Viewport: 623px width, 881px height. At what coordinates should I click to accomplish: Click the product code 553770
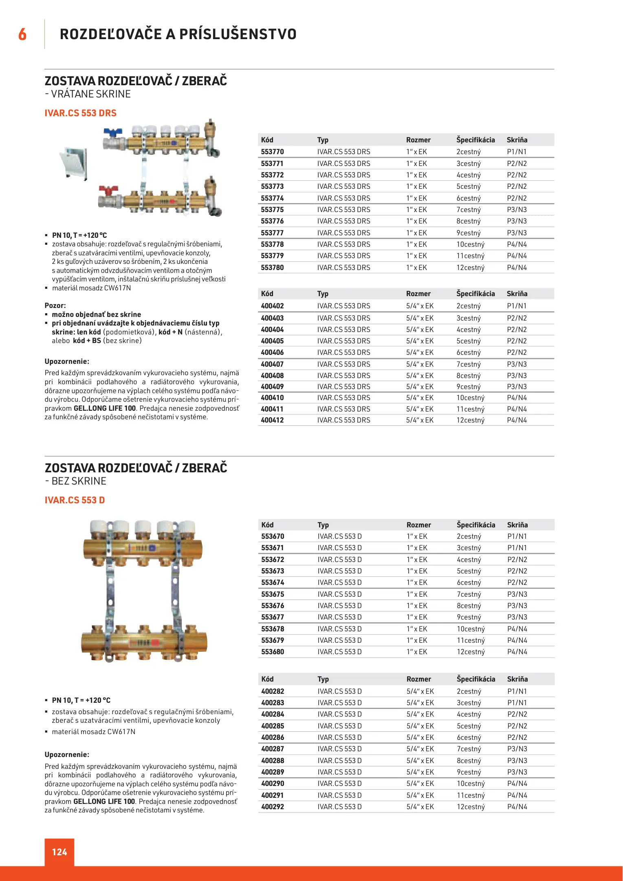coord(272,152)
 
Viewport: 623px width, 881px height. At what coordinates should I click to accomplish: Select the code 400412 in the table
coord(272,420)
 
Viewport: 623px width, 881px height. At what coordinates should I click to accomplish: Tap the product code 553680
coord(273,652)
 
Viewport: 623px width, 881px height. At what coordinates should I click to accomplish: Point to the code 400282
coord(273,691)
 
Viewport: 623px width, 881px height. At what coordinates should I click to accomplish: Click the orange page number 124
coord(59,852)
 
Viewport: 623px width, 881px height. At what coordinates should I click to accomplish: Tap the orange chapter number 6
coord(22,34)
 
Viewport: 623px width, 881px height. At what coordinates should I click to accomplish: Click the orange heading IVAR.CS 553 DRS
coord(80,113)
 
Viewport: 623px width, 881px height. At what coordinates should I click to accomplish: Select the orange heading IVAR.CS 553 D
coord(75,500)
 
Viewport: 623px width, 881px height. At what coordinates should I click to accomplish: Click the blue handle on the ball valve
coord(112,133)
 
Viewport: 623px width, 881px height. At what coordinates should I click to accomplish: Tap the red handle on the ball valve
coord(108,190)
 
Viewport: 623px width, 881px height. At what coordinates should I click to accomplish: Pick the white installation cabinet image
coord(74,164)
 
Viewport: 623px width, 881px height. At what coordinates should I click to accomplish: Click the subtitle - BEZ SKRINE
coord(76,481)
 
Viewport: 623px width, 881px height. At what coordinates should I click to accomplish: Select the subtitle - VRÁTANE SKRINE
coord(88,94)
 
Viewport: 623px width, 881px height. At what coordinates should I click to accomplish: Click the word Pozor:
coord(55,305)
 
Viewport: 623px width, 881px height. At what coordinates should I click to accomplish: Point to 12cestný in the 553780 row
coord(470,268)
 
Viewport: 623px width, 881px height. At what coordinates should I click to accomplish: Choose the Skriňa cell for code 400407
coord(517,364)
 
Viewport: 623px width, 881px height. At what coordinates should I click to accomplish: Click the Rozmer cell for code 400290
coord(420,784)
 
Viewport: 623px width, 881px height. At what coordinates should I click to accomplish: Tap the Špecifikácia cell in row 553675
coord(469,594)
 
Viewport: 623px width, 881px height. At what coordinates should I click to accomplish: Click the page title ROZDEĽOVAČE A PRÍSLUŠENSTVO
coord(178,34)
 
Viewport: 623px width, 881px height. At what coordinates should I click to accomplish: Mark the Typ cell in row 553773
coord(343,186)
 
